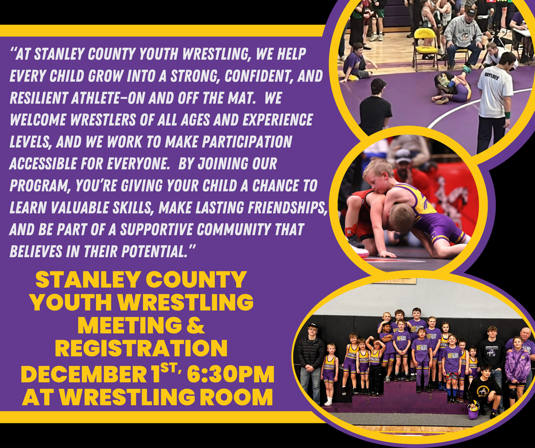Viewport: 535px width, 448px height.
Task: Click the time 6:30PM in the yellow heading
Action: point(230,374)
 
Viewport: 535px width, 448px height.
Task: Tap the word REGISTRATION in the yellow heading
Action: point(141,348)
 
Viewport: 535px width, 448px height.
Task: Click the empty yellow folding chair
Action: point(425,46)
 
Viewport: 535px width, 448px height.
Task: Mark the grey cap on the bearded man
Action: point(402,155)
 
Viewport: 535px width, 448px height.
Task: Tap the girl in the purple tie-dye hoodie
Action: point(517,364)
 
